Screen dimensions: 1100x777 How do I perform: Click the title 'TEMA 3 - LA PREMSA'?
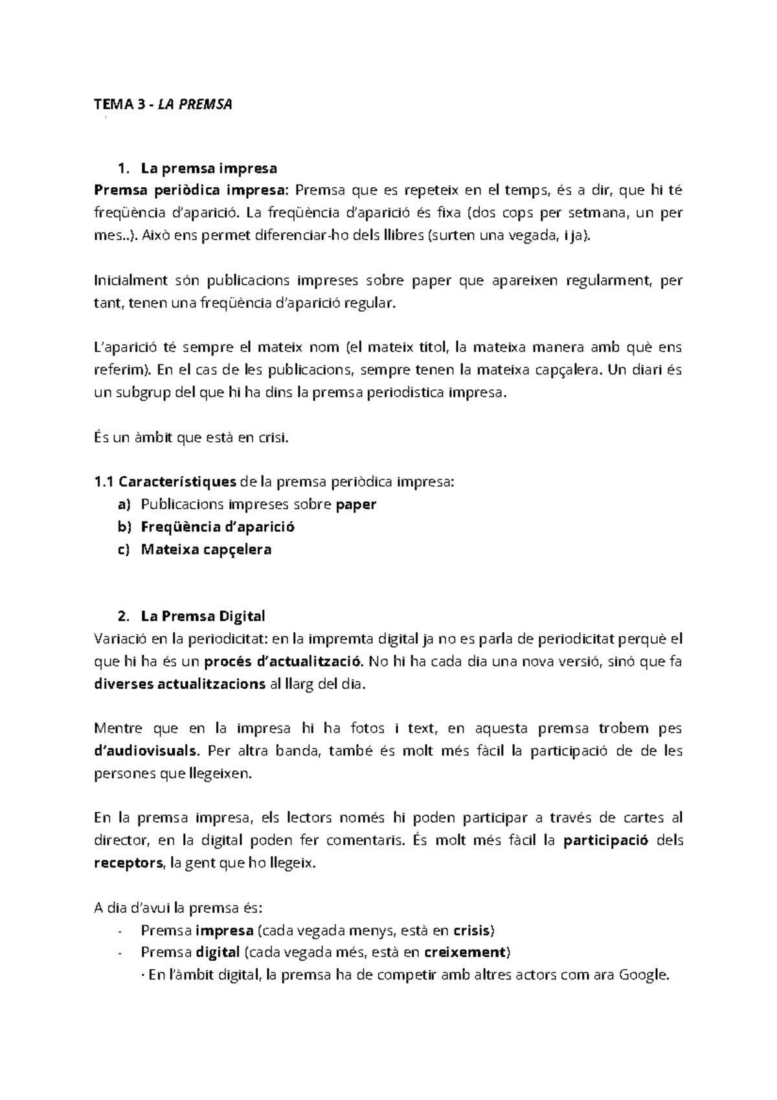(163, 104)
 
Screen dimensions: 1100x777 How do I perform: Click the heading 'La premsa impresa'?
(208, 168)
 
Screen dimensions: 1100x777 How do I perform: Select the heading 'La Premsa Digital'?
(203, 615)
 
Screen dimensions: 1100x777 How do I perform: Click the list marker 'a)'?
(124, 504)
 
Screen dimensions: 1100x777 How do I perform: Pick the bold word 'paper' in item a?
(355, 504)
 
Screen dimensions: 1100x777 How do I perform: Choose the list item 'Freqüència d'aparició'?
(218, 527)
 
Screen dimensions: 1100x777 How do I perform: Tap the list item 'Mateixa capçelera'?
(206, 549)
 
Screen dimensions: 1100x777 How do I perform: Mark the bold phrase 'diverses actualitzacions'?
(179, 684)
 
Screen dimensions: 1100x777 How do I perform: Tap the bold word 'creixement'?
(465, 952)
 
